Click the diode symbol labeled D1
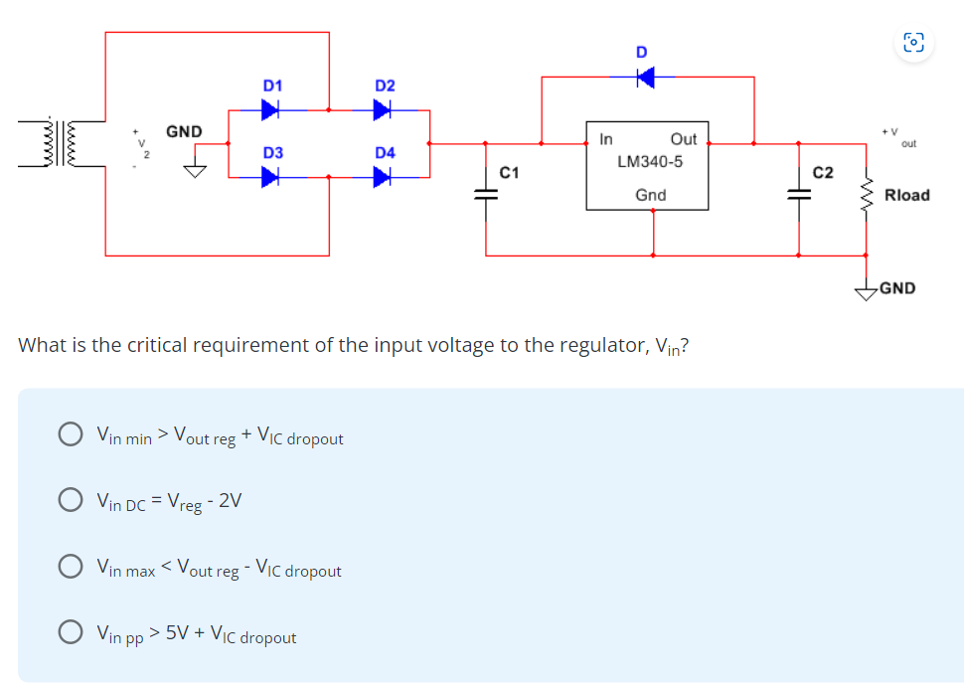tap(269, 110)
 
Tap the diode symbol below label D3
tap(269, 178)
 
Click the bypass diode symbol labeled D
tap(645, 76)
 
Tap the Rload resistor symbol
tap(866, 196)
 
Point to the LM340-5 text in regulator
tap(649, 161)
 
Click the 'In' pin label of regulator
tap(606, 139)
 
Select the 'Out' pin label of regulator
tap(684, 139)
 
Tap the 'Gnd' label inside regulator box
tap(650, 195)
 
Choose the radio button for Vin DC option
tap(70, 501)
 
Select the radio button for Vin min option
tap(70, 434)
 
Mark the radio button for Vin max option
tap(70, 568)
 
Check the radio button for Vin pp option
tap(70, 633)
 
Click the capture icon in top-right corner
tap(913, 42)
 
